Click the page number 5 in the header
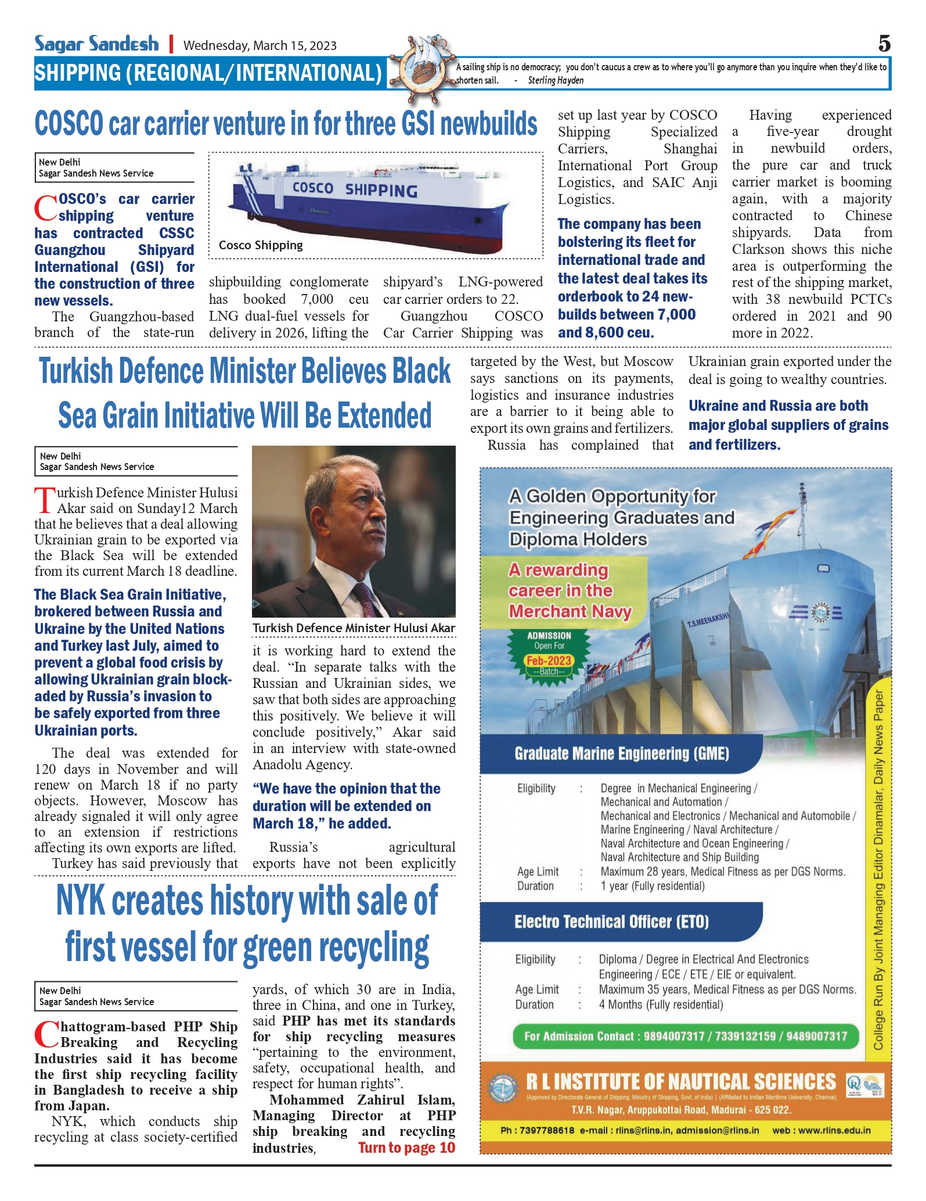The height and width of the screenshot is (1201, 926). click(x=884, y=44)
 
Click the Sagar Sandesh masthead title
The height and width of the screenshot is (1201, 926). click(x=96, y=44)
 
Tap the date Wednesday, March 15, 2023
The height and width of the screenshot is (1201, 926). click(x=260, y=45)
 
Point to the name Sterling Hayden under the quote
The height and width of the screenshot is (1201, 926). click(x=556, y=81)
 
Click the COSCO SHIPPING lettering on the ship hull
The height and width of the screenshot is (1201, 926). click(x=355, y=190)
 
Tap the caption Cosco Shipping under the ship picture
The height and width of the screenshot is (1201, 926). click(x=261, y=245)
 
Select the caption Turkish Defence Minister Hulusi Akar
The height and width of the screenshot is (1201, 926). click(x=354, y=628)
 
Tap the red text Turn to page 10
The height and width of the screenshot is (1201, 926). click(x=406, y=1148)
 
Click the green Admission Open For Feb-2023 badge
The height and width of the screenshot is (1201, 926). click(x=549, y=653)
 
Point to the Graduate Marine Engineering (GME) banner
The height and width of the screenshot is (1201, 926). click(x=621, y=754)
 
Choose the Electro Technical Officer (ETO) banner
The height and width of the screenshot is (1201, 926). click(x=611, y=922)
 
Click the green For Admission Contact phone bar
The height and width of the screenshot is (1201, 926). click(x=685, y=1036)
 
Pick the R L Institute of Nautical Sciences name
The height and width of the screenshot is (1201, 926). click(x=680, y=1082)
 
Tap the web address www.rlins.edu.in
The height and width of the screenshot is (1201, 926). click(x=821, y=1130)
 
